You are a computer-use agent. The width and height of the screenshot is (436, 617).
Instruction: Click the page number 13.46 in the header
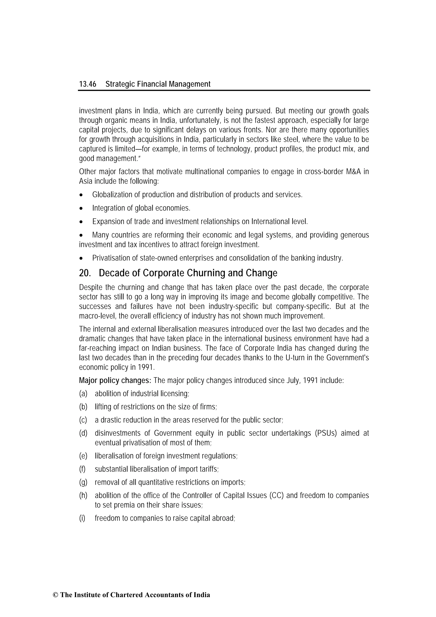[87, 84]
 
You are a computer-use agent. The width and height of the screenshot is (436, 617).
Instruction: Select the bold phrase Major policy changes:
[115, 381]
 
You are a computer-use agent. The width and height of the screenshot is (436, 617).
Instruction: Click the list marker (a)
[83, 394]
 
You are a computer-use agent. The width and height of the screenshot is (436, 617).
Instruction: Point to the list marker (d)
[83, 433]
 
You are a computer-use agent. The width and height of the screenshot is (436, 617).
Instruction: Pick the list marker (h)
[83, 495]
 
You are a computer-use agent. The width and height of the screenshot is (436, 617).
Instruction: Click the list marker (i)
[82, 518]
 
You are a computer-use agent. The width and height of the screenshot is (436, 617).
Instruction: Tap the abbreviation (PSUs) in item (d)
[326, 433]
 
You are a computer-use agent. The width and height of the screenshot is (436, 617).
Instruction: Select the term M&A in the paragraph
[355, 172]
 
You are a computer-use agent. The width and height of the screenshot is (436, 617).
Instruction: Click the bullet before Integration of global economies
[81, 209]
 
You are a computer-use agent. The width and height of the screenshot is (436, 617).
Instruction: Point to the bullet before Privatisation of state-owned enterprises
[81, 259]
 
